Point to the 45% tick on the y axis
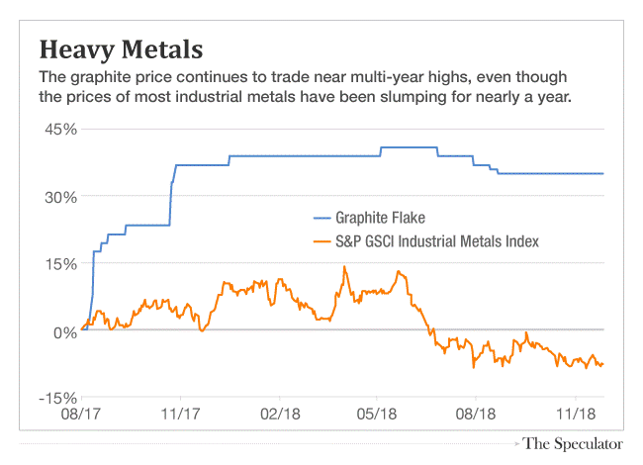coord(59,130)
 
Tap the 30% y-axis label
coord(59,197)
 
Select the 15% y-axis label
coord(59,264)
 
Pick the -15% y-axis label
coord(57,398)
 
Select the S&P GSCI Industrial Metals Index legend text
coord(440,241)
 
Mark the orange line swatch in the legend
coord(324,241)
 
